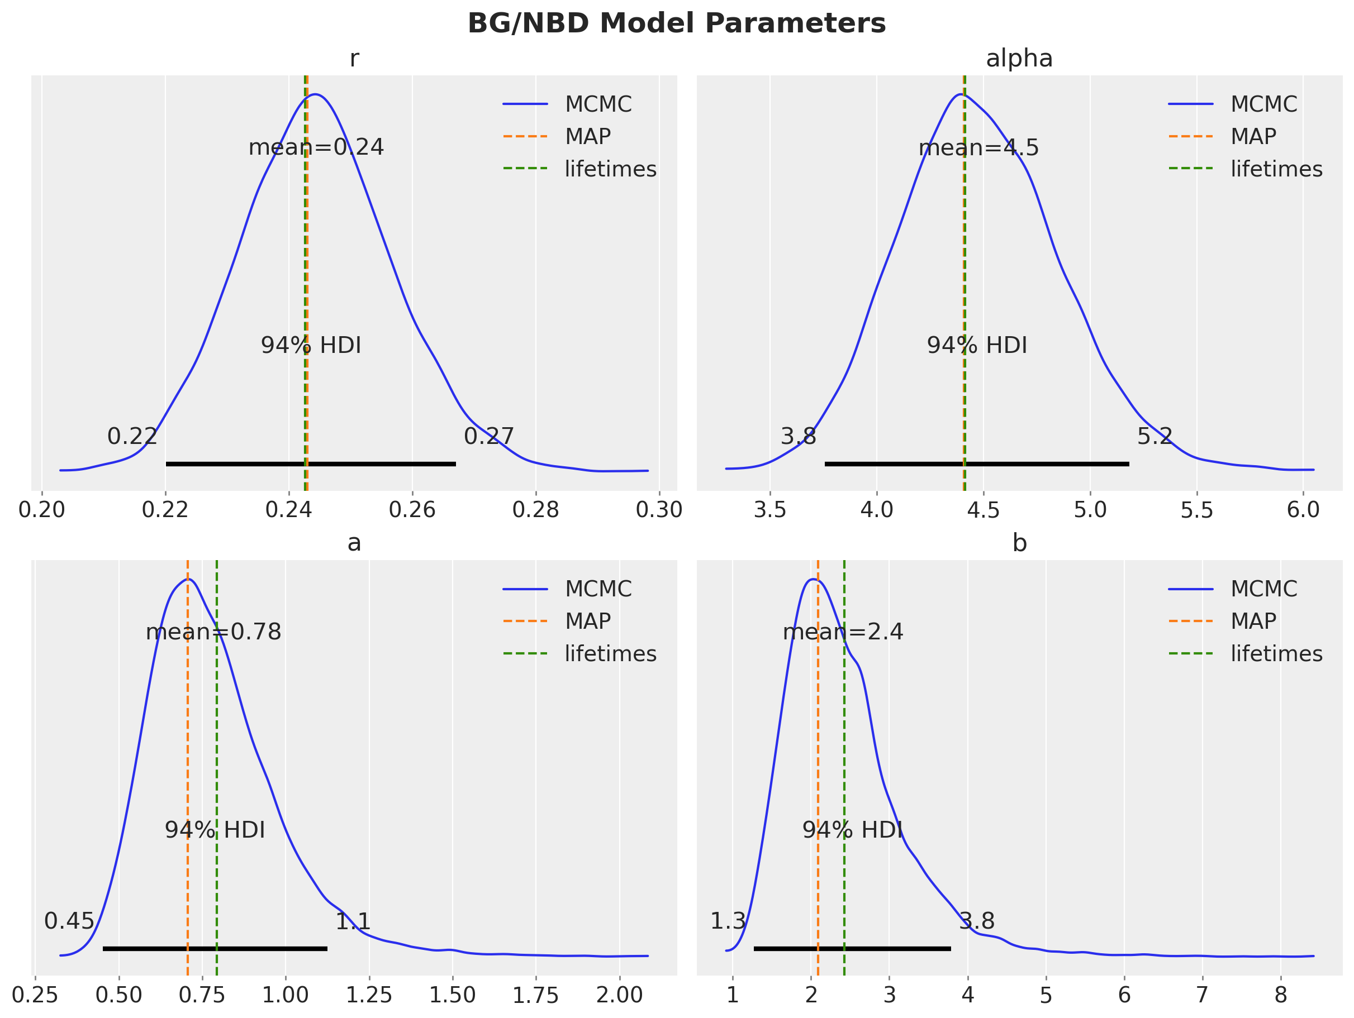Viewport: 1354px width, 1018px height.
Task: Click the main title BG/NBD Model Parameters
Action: (x=676, y=24)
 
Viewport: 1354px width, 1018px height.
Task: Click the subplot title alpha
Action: (x=1019, y=59)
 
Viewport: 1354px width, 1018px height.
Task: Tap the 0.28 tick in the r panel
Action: (x=535, y=510)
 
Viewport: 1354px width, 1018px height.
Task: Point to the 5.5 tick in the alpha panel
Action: (x=1196, y=510)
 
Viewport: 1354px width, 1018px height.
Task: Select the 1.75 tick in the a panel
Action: (x=535, y=995)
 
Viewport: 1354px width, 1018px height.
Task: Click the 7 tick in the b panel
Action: (x=1202, y=995)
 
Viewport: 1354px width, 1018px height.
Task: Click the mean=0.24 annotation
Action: (x=316, y=147)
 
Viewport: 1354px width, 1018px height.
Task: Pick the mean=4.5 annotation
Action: (x=979, y=148)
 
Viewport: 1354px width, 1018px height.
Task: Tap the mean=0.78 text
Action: (x=213, y=632)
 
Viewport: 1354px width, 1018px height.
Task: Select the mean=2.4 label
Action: (x=843, y=632)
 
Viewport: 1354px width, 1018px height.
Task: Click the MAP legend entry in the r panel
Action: (x=557, y=136)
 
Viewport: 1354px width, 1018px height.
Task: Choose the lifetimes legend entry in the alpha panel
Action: (x=1246, y=169)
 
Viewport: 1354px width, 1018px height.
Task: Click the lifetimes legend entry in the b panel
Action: (x=1246, y=653)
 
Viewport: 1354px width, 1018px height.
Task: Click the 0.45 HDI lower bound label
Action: (x=69, y=921)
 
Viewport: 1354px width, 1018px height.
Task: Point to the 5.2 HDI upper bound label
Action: (x=1155, y=436)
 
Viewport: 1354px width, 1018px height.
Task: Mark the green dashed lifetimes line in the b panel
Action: (x=844, y=768)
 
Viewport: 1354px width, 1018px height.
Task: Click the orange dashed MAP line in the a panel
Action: (x=188, y=768)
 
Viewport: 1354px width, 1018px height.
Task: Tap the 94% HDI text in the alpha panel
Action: (x=977, y=346)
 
